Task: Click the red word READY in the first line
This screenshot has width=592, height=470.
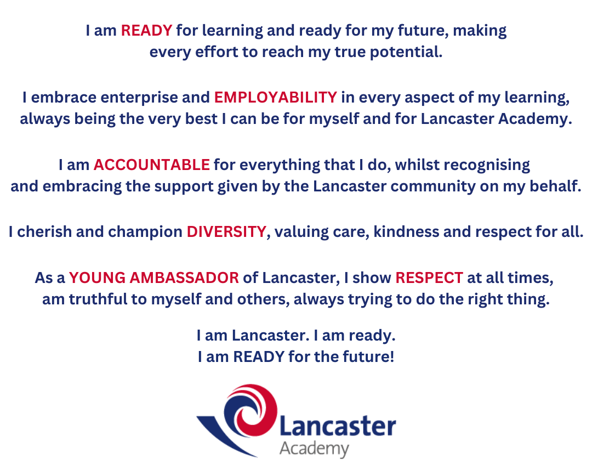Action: click(146, 30)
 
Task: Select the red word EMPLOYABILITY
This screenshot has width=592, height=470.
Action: click(276, 98)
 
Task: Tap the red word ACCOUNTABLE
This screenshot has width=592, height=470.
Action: click(151, 165)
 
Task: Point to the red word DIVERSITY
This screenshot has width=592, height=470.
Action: click(226, 231)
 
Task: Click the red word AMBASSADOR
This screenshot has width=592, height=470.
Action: click(184, 278)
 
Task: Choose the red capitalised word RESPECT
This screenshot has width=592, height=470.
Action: click(429, 278)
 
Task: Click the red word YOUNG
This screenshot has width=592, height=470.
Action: click(97, 278)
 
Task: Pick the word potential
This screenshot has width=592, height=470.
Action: click(406, 53)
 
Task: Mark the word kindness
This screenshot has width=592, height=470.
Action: click(406, 231)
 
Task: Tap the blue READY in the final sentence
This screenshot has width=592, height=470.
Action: click(259, 356)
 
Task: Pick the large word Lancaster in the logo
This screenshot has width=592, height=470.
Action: click(338, 427)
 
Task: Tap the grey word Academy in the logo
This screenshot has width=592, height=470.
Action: click(314, 449)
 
